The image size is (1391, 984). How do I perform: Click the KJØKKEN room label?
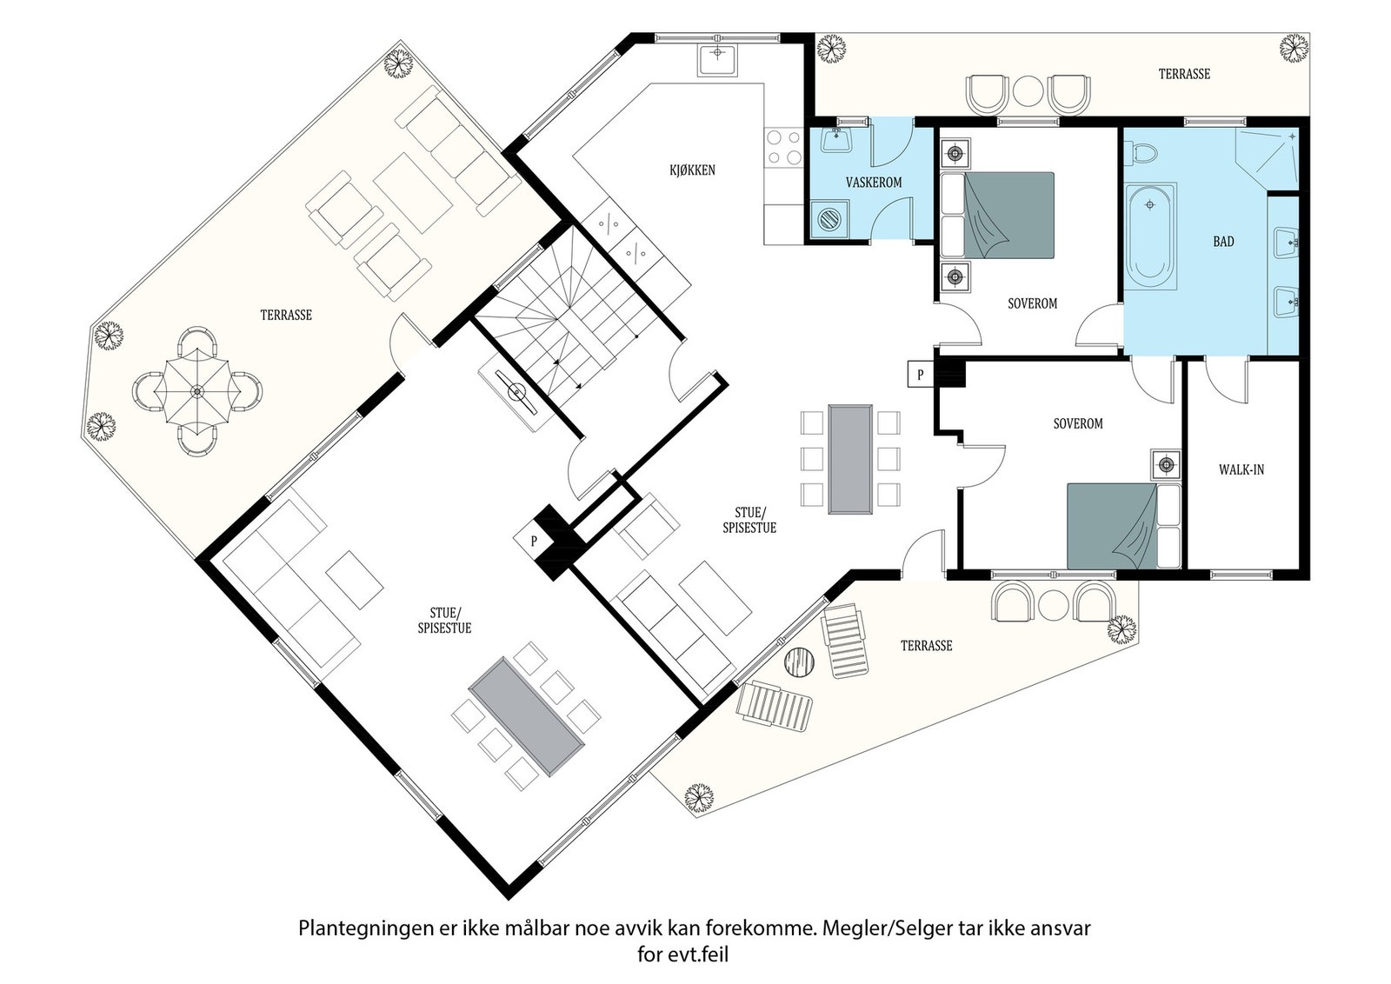692,170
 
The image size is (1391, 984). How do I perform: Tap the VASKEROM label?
874,183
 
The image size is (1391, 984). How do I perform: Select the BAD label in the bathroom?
1223,242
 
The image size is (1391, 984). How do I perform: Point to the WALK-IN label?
1241,470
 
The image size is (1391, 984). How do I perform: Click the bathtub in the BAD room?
1151,236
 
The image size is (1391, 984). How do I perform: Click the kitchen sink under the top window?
717,61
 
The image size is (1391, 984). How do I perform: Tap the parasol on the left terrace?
196,391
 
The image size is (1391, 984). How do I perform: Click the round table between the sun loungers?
800,662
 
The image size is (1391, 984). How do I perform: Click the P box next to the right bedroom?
921,375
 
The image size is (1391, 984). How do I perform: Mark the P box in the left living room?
534,541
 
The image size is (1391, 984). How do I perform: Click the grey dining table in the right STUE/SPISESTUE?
850,460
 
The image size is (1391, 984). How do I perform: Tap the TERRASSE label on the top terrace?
1184,74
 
